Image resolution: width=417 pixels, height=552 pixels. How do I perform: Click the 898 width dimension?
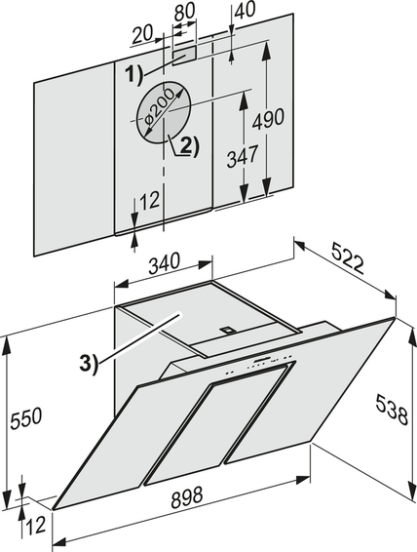(187, 496)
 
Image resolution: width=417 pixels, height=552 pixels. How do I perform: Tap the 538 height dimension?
(392, 410)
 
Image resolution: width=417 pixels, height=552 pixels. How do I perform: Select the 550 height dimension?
(26, 418)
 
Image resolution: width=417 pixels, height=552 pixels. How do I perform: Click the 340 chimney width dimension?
(164, 262)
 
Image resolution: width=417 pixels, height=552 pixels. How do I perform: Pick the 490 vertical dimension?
(268, 119)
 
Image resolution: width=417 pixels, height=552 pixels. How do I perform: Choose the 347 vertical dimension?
(243, 156)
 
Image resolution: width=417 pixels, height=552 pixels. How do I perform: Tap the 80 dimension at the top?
(184, 12)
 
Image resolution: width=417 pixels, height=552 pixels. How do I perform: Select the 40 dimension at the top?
(246, 9)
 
